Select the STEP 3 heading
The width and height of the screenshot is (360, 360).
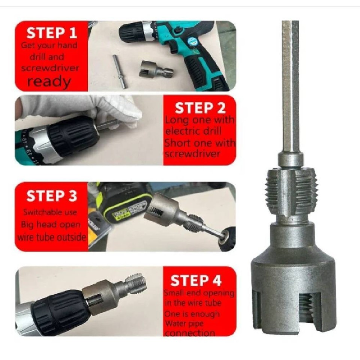click(x=51, y=196)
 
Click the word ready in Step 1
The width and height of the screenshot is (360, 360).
click(x=49, y=81)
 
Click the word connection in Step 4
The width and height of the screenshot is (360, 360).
click(x=190, y=333)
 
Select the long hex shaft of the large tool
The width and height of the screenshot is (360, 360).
click(x=290, y=86)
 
